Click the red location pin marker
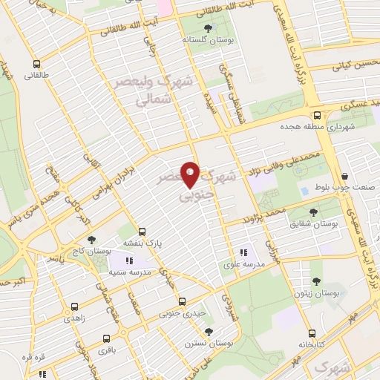(x=191, y=174)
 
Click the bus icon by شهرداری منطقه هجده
(x=317, y=115)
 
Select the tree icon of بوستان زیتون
(x=317, y=282)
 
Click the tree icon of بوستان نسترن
(x=209, y=332)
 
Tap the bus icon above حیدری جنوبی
(x=183, y=301)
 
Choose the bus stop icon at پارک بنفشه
(x=142, y=231)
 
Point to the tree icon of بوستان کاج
(x=91, y=240)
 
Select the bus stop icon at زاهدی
(x=74, y=305)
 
